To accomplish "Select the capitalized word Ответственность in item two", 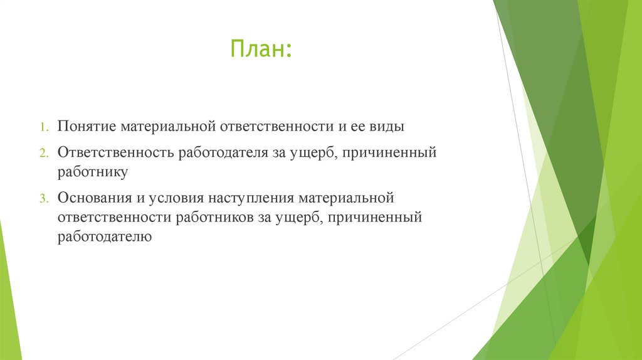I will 115,153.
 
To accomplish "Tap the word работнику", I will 93,171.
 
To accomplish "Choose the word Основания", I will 93,198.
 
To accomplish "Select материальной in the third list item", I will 345,198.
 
